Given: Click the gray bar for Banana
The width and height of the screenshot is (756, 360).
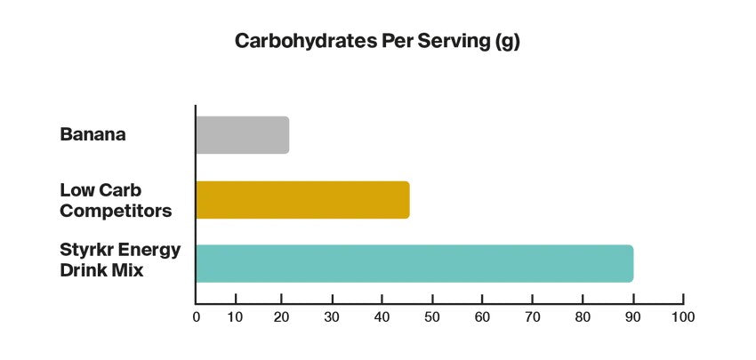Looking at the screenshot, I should click(x=242, y=135).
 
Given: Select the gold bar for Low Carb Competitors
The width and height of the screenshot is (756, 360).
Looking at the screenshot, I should click(x=302, y=200).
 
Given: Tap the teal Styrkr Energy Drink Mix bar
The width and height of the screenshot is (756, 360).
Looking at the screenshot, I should click(x=414, y=264).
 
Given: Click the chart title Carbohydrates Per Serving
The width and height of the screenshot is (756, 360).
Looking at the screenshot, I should click(x=377, y=42).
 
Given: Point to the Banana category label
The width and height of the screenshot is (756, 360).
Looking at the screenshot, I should click(x=93, y=135).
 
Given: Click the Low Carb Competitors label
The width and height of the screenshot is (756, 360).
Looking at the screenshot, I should click(x=116, y=200).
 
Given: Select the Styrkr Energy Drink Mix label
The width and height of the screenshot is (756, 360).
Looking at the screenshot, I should click(x=120, y=258).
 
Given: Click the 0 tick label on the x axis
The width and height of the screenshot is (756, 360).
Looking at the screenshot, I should click(x=196, y=316).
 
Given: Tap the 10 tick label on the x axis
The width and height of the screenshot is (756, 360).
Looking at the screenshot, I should click(x=236, y=316).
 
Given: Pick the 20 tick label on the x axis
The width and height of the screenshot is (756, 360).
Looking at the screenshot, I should click(x=285, y=316).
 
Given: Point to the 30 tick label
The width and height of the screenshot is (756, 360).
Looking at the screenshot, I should click(x=333, y=316).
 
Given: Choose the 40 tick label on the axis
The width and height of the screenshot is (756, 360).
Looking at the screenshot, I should click(x=382, y=316).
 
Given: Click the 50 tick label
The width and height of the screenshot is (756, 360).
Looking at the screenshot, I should click(x=430, y=316).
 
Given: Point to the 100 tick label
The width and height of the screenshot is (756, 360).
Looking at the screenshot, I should click(x=683, y=316).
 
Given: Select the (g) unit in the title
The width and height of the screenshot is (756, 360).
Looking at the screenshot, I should click(x=506, y=42).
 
